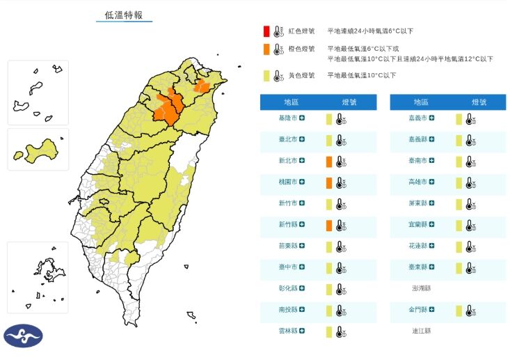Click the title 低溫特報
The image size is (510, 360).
[x=124, y=15]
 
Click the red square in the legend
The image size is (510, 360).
[x=266, y=31]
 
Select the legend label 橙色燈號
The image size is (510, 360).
[x=301, y=49]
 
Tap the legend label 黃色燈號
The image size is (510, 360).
[x=301, y=75]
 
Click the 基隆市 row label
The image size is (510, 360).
[x=288, y=119]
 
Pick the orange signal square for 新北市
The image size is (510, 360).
[x=328, y=162]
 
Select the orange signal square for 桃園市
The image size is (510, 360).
[x=328, y=183]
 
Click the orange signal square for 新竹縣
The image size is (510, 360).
[x=328, y=226]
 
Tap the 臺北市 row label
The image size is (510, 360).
[x=288, y=140]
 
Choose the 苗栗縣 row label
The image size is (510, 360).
[x=288, y=246]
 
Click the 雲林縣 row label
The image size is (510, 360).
[x=288, y=331]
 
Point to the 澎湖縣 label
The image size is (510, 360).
[x=421, y=288]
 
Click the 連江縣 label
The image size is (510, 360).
[x=421, y=331]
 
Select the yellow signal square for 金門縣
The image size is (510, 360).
[x=459, y=311]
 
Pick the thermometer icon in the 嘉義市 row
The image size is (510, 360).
[x=470, y=119]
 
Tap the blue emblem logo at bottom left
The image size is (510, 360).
[x=24, y=336]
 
